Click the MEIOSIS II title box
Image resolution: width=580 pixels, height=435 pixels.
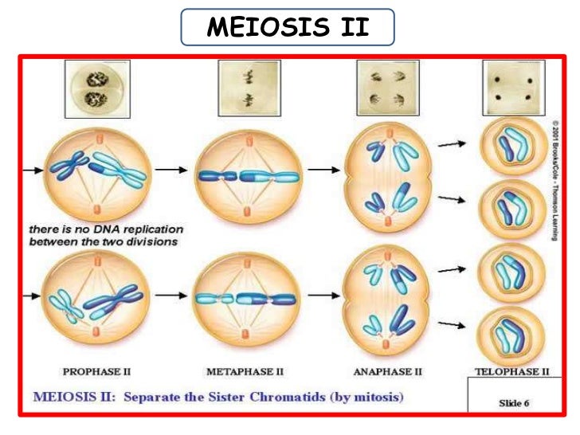288,29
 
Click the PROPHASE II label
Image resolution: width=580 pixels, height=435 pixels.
96,371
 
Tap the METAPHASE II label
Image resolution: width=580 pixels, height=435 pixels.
244,371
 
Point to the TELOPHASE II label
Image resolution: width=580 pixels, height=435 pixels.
512,371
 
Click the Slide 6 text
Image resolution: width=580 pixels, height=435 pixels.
513,403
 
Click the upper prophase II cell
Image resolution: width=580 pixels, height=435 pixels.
96,170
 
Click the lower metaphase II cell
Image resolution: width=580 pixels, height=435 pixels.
248,299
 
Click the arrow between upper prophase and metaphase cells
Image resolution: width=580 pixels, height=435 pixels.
170,170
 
